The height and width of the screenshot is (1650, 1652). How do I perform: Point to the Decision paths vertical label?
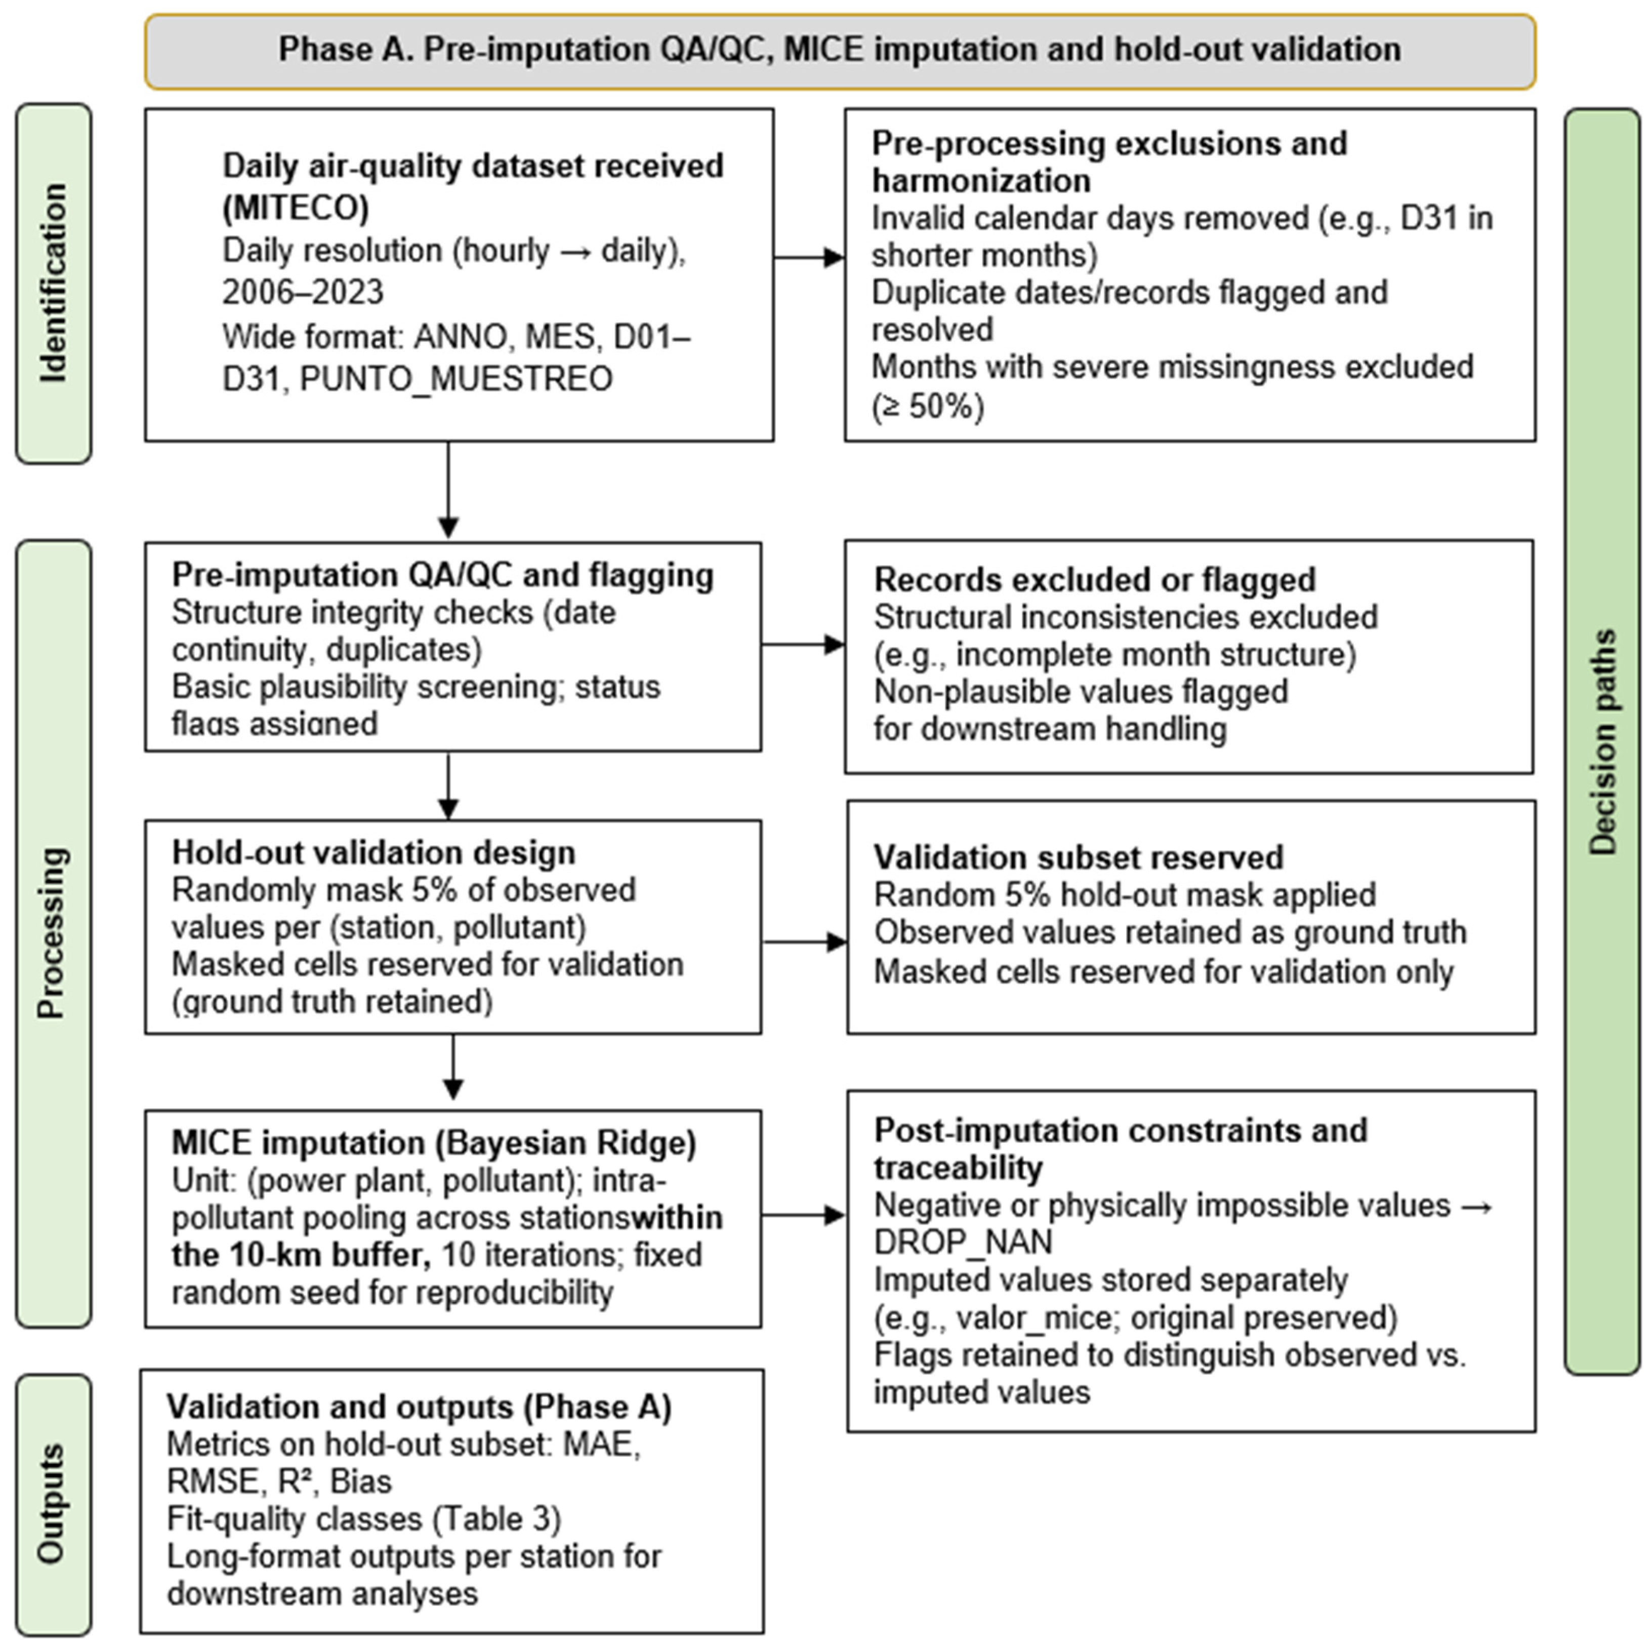coord(1601,742)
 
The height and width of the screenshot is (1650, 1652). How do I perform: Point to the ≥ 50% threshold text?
coord(929,405)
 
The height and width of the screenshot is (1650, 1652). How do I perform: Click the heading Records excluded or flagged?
coord(1094,580)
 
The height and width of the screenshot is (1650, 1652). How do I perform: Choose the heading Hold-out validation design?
coord(374,852)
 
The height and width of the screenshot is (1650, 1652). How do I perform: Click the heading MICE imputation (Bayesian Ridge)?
coord(434,1143)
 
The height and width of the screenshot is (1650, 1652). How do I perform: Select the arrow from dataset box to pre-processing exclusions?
coord(808,257)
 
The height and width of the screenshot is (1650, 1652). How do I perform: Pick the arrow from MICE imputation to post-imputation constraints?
coord(803,1215)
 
